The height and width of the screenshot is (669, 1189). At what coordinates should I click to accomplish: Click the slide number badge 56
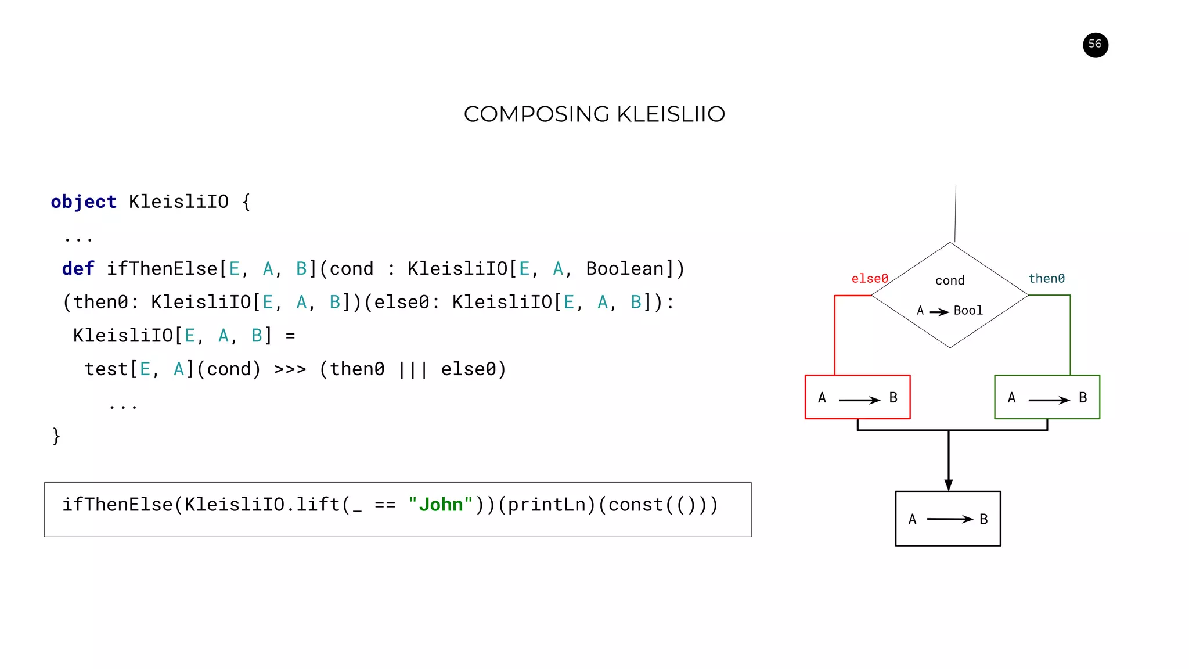pos(1095,45)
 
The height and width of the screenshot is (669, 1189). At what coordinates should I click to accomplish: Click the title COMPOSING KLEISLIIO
pos(594,114)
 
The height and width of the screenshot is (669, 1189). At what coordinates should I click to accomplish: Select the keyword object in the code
pos(84,202)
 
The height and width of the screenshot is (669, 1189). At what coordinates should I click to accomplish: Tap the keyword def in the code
pos(78,269)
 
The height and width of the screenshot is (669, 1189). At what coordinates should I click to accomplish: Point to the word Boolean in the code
pos(624,269)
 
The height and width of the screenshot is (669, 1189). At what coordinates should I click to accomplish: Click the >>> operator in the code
pos(290,369)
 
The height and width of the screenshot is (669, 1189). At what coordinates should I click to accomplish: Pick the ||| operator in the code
pos(413,369)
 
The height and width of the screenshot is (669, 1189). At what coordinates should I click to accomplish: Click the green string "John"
pos(440,505)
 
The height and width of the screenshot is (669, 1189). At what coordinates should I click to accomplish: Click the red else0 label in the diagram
pos(869,279)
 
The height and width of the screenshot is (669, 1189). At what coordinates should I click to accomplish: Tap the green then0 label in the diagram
pos(1046,279)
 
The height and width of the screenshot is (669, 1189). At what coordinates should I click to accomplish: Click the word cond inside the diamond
pos(950,281)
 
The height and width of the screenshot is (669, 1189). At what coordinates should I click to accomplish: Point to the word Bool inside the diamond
pos(968,311)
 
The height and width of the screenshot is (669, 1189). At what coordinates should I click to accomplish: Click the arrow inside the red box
pos(859,400)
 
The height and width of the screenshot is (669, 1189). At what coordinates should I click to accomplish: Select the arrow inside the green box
pos(1049,400)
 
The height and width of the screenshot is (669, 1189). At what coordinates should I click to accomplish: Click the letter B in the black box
pos(983,519)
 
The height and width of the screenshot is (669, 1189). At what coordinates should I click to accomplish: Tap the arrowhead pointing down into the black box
pos(949,485)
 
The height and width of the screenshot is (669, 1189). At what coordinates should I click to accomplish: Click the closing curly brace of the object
pos(56,436)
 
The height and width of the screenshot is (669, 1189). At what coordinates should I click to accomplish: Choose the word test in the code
pos(106,369)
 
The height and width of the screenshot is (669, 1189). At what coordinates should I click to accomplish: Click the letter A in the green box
pos(1011,398)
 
